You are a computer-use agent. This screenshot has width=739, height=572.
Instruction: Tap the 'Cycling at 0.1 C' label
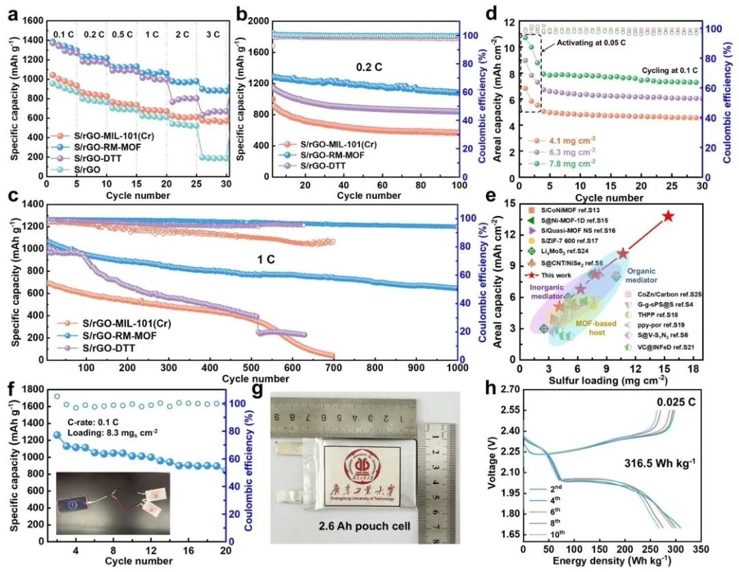(672, 70)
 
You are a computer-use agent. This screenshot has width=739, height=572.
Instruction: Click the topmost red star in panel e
(668, 216)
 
